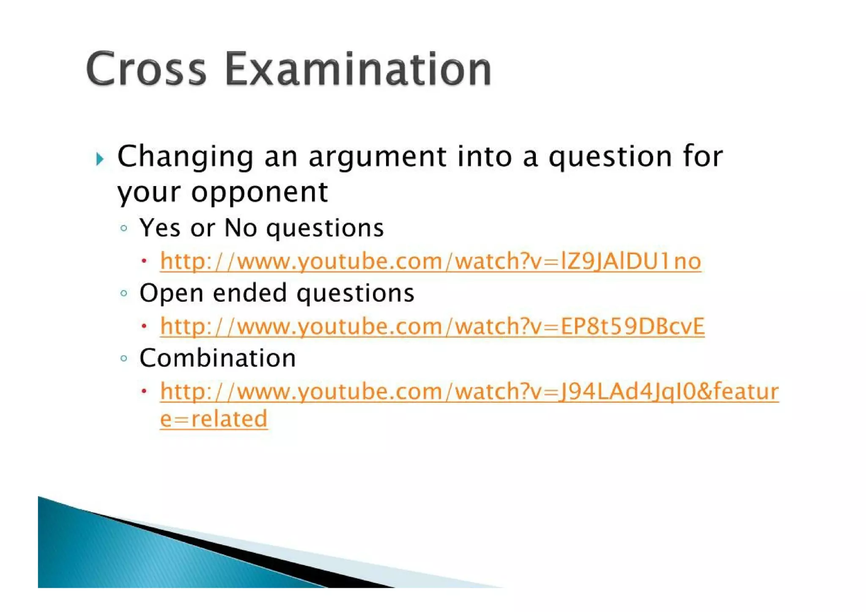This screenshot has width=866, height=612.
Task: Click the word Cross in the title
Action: click(x=146, y=69)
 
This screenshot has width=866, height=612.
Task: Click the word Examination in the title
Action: click(x=358, y=69)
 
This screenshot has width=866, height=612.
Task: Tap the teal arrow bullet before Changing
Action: click(x=100, y=159)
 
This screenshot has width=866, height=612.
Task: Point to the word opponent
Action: click(x=259, y=193)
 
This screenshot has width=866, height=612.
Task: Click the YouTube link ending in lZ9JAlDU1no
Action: click(x=430, y=261)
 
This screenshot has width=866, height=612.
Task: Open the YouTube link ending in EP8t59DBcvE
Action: click(x=432, y=326)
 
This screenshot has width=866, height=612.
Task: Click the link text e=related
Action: click(x=214, y=419)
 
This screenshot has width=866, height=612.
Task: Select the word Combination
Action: click(x=217, y=358)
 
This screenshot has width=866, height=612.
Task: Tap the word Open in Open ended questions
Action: click(x=171, y=293)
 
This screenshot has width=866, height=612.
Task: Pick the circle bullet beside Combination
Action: click(x=123, y=358)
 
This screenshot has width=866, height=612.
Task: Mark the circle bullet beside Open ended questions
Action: click(x=123, y=293)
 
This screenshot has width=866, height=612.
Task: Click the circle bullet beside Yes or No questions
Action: click(x=123, y=228)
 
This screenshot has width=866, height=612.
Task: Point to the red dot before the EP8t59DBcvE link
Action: click(x=144, y=326)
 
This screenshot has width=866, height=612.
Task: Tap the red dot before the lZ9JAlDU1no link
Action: click(x=144, y=261)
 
